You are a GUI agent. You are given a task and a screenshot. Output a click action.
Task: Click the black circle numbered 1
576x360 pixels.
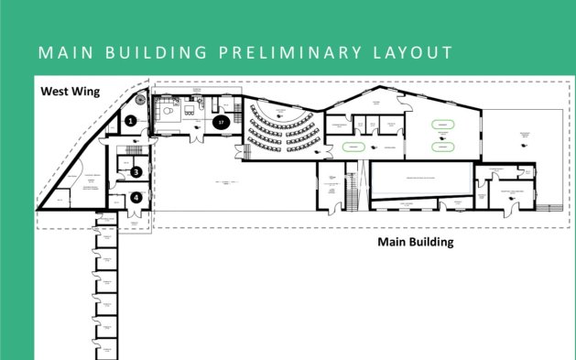132,120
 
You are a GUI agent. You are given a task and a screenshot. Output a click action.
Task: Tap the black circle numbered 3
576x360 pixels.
136,171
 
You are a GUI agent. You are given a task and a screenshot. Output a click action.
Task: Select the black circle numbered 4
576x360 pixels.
136,196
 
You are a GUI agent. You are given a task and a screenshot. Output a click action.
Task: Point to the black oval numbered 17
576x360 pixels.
220,120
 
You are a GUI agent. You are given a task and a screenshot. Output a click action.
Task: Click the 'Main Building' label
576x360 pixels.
416,243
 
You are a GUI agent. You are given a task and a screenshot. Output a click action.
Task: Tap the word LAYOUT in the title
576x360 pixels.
414,52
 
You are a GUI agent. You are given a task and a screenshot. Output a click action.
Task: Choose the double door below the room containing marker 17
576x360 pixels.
195,138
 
